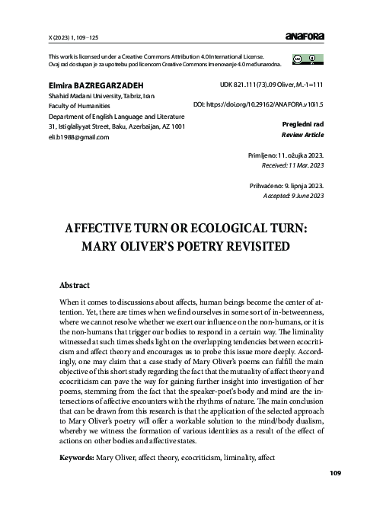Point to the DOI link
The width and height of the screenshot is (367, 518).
pos(259,103)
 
